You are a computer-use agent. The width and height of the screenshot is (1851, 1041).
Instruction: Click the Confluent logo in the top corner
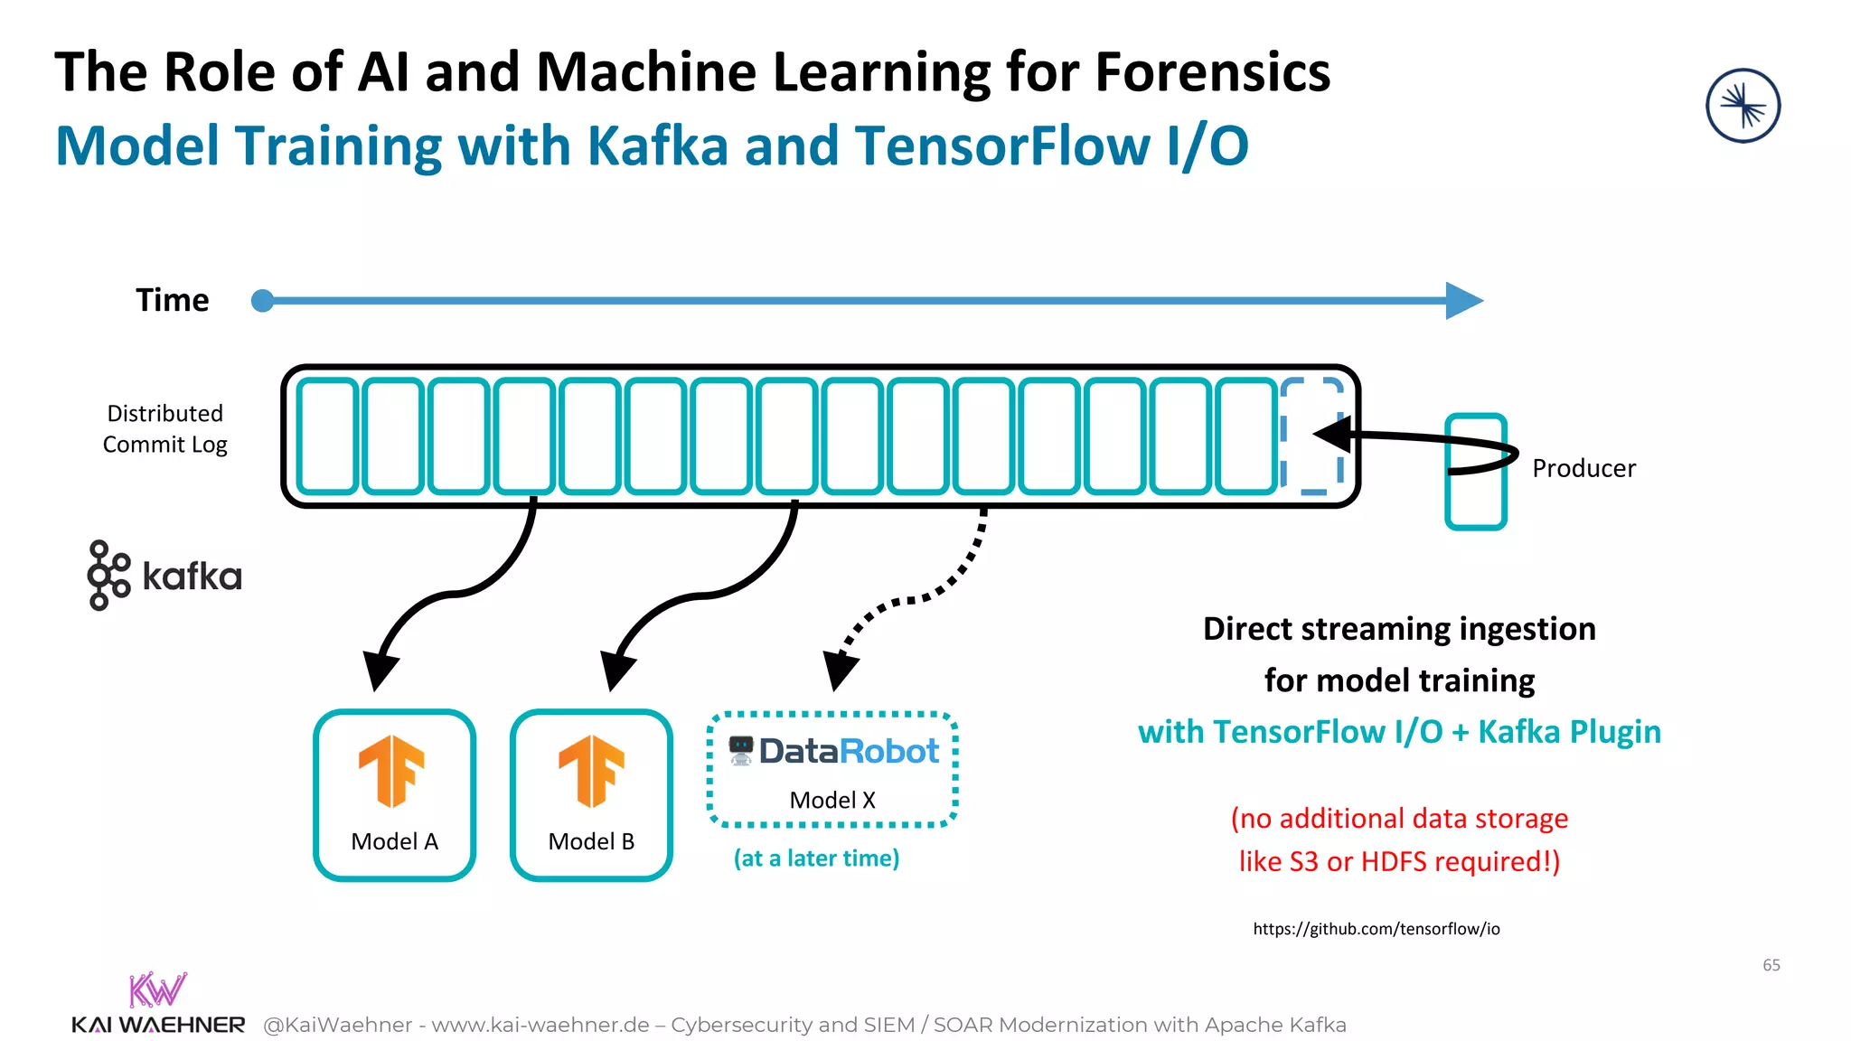coord(1743,106)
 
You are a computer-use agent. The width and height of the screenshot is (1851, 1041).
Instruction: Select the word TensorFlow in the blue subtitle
coord(1002,146)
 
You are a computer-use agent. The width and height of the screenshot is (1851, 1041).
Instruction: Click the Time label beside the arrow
coord(172,300)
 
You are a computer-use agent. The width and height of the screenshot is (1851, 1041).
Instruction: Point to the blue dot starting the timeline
coord(262,300)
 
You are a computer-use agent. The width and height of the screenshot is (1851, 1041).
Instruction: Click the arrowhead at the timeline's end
coord(1464,300)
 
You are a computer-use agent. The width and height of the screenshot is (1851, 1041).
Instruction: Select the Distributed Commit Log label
coord(164,428)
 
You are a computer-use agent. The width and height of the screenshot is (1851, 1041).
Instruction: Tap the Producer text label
coord(1583,468)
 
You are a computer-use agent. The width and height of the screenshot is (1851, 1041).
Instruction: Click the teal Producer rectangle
coord(1475,502)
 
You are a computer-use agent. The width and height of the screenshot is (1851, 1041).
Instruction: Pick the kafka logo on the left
coord(164,576)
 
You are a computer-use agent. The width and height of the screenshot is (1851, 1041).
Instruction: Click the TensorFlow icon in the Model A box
coord(392,770)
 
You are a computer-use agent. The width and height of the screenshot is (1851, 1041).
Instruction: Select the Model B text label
coord(591,841)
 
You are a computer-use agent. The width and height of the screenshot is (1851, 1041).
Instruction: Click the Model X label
coord(832,800)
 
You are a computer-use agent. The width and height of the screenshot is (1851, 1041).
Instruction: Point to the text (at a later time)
coord(816,858)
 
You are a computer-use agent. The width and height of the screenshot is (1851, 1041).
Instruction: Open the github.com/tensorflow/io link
coord(1376,929)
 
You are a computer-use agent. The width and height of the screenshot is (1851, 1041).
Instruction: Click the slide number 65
coord(1771,965)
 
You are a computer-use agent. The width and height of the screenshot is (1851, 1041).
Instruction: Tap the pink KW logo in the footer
coord(157,989)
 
